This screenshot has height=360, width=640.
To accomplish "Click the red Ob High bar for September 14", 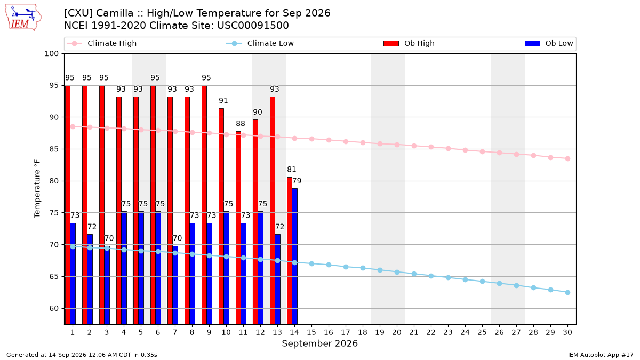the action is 290,251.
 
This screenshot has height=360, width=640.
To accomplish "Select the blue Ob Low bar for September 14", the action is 294,257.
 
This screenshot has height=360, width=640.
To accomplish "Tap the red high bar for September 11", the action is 238,228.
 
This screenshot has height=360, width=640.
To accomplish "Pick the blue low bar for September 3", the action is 107,285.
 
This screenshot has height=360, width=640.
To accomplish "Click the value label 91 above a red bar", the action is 223,101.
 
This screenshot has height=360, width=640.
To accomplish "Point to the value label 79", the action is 297,181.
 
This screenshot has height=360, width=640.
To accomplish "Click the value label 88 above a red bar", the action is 241,123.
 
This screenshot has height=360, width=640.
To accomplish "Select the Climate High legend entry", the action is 101,43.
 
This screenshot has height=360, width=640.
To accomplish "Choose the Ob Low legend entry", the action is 549,43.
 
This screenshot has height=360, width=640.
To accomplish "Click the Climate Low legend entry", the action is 260,43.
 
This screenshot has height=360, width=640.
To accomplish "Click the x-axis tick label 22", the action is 431,332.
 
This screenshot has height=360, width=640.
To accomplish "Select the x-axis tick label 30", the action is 567,332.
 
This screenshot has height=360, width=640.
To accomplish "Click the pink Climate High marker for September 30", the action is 567,158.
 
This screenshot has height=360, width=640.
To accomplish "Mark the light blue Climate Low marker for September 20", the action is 397,273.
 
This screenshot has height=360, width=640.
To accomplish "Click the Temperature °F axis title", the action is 37,189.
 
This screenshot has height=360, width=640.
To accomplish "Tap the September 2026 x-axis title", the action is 319,343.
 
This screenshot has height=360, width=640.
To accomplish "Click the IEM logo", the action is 23,18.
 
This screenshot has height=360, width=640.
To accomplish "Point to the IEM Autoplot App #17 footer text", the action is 601,355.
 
